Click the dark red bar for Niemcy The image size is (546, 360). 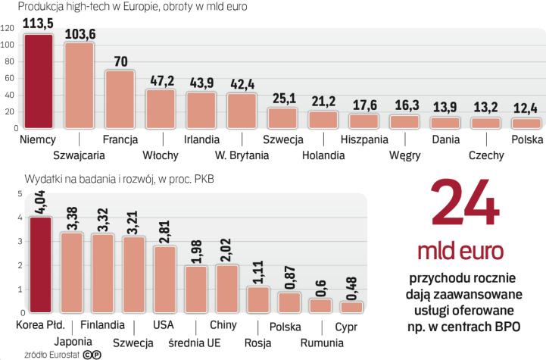click(x=38, y=82)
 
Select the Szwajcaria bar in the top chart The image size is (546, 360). click(x=79, y=86)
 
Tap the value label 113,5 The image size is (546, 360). click(x=38, y=22)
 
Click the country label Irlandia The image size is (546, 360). click(x=202, y=139)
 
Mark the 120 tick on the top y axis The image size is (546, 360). click(x=8, y=29)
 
